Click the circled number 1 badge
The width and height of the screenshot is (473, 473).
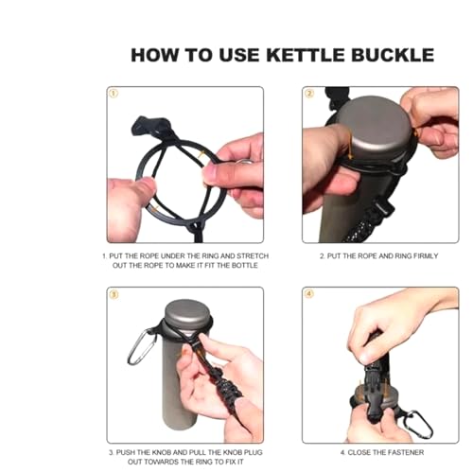click(x=114, y=94)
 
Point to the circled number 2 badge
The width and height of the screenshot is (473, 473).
click(x=309, y=94)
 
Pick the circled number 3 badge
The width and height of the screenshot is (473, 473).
click(x=114, y=294)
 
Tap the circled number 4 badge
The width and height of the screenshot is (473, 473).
click(x=309, y=294)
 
